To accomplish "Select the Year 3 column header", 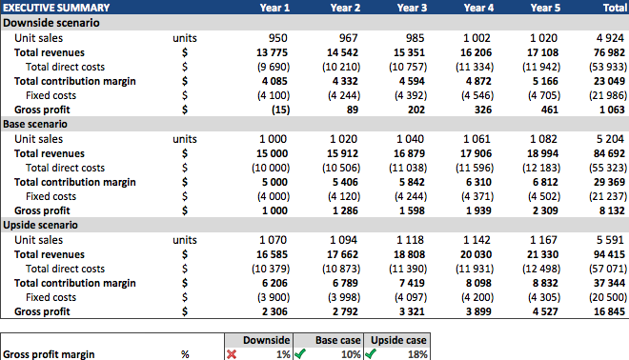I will click(x=412, y=8).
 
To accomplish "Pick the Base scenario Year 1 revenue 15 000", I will click(x=273, y=153).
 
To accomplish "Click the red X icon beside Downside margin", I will click(x=232, y=353).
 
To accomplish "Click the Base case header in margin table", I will click(x=324, y=339).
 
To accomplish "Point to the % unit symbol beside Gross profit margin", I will click(x=185, y=354).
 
